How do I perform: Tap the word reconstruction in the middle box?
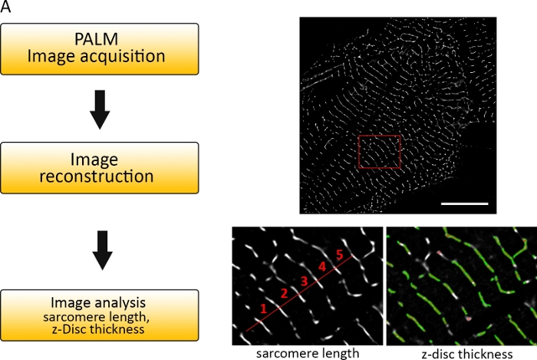point(100,177)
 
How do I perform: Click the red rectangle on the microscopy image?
point(380,151)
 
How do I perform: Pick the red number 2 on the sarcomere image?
point(283,293)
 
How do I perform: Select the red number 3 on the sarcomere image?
point(303,281)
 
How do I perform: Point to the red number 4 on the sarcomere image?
point(321,267)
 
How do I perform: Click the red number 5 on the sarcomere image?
point(338,254)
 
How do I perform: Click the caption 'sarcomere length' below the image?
point(308,353)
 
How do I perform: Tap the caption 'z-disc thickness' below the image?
point(461,353)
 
